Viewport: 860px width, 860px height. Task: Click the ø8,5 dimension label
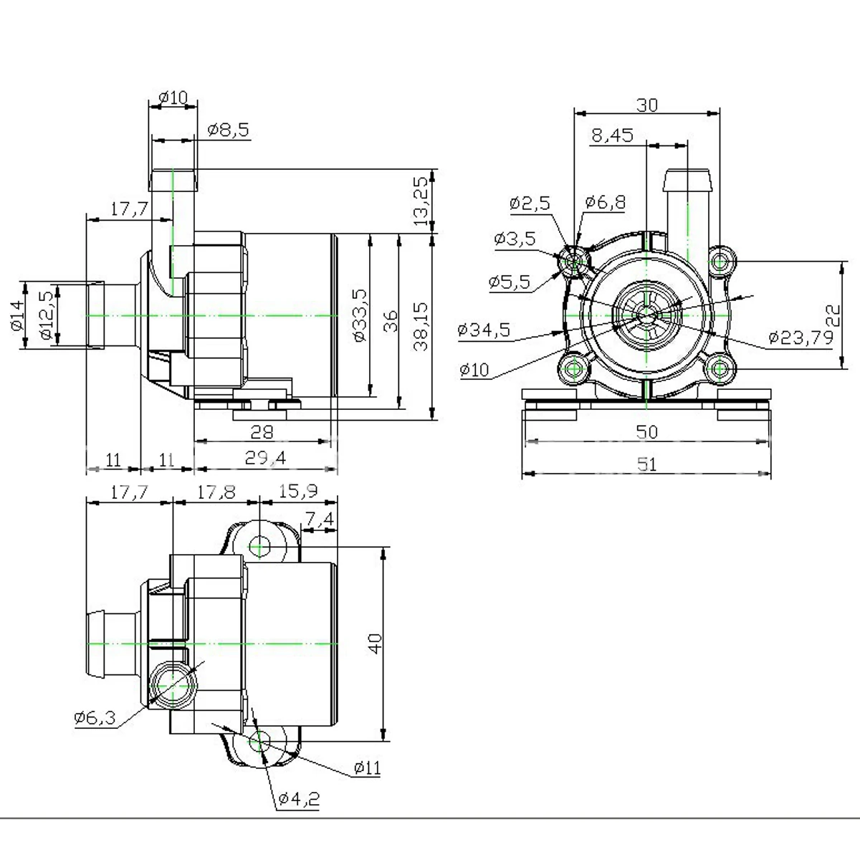pos(229,130)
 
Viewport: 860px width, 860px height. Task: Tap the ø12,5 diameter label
pos(47,315)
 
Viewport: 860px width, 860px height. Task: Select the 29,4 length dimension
pos(265,457)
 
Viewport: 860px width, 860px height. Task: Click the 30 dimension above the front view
pos(647,105)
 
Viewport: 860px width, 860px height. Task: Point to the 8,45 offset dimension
pos(612,135)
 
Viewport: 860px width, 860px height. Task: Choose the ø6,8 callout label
pos(605,203)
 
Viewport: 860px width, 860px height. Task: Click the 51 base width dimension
pos(647,464)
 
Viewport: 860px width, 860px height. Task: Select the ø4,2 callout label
pos(299,798)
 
